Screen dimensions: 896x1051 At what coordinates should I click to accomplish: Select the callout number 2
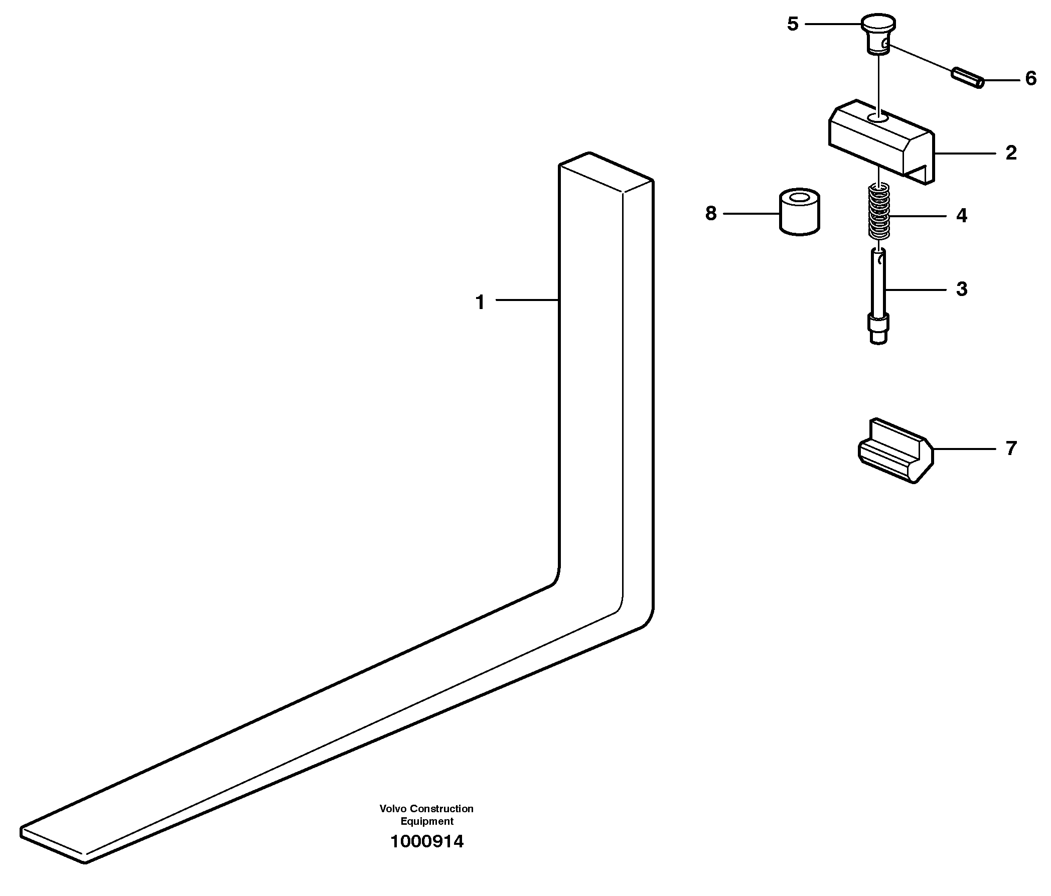click(x=1011, y=153)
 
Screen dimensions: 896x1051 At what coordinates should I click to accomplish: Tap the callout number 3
click(x=961, y=289)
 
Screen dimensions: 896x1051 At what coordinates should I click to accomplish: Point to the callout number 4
click(x=961, y=216)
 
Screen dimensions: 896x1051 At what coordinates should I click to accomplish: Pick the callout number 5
click(x=792, y=24)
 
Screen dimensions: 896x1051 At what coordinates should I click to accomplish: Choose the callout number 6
click(x=1031, y=79)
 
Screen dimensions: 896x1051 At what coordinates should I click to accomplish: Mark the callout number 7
click(x=1011, y=449)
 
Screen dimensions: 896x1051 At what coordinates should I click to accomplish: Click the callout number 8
click(x=711, y=213)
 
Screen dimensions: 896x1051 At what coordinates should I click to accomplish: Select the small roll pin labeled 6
click(x=967, y=77)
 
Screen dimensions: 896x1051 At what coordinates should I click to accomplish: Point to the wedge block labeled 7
click(x=895, y=452)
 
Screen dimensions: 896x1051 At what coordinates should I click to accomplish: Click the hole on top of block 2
click(x=877, y=118)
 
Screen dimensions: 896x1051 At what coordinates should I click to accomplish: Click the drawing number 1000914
click(x=426, y=842)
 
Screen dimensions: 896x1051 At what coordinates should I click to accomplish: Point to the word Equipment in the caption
click(x=426, y=821)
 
